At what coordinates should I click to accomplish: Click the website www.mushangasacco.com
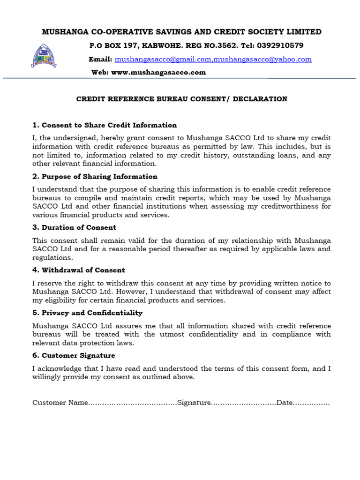(x=158, y=73)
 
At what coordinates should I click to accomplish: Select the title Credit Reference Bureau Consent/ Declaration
(x=181, y=99)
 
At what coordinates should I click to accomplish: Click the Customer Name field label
(x=60, y=403)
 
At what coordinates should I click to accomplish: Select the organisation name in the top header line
(x=181, y=32)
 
